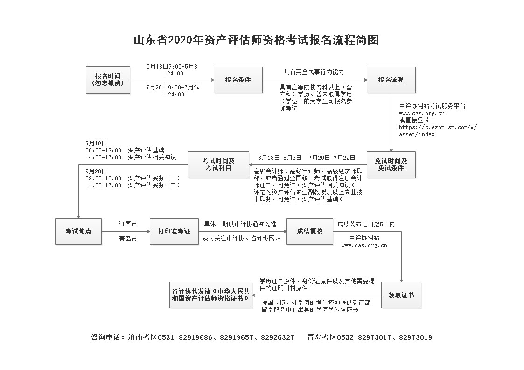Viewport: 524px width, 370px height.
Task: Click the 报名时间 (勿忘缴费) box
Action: click(x=108, y=80)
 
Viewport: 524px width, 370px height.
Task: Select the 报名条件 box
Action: click(x=238, y=80)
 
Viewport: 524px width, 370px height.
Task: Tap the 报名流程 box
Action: click(x=391, y=80)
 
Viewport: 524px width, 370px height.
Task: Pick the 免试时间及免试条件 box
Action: click(x=391, y=164)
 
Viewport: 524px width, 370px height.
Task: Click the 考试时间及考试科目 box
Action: click(x=218, y=164)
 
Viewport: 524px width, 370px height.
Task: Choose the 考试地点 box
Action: click(x=78, y=231)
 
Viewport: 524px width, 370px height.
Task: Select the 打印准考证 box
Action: click(x=174, y=231)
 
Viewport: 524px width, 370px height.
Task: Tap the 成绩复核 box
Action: click(x=310, y=231)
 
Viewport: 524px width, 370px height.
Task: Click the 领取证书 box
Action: click(x=401, y=295)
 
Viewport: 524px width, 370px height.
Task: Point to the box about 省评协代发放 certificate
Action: click(x=211, y=295)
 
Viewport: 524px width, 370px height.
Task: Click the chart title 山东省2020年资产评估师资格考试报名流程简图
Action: click(x=256, y=40)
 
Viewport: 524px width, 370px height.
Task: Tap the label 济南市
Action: click(x=128, y=224)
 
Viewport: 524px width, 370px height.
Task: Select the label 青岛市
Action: click(x=128, y=239)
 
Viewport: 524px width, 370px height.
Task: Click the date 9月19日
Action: click(x=96, y=143)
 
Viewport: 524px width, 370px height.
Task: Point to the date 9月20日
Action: click(x=96, y=171)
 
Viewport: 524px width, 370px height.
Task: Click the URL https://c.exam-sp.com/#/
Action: click(x=438, y=127)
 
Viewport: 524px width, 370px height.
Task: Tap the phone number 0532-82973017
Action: click(x=364, y=337)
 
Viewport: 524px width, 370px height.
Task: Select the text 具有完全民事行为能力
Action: click(x=314, y=72)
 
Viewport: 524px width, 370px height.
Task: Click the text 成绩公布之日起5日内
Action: click(x=366, y=224)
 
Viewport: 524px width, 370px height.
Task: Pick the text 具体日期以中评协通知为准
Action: click(x=240, y=224)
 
